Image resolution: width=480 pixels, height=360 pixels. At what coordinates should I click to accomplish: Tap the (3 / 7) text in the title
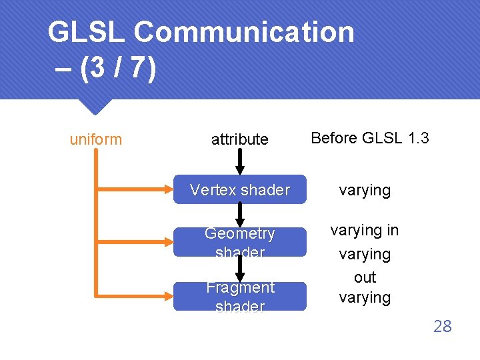[117, 69]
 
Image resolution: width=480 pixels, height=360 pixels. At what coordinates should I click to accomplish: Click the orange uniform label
[96, 139]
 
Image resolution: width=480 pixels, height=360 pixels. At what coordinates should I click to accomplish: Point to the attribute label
[239, 139]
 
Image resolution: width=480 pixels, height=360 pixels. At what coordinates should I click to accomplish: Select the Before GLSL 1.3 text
[370, 138]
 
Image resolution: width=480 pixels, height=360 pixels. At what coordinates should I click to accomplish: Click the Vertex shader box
[239, 190]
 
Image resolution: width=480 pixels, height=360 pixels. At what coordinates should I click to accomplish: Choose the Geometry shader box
[239, 242]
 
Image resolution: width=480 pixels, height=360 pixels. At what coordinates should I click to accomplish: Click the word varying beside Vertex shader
[365, 190]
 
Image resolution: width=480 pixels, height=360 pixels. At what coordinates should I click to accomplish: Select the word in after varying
[391, 230]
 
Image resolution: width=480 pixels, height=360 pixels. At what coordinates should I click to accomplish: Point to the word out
[365, 277]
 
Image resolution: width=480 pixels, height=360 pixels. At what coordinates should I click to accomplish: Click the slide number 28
[442, 326]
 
